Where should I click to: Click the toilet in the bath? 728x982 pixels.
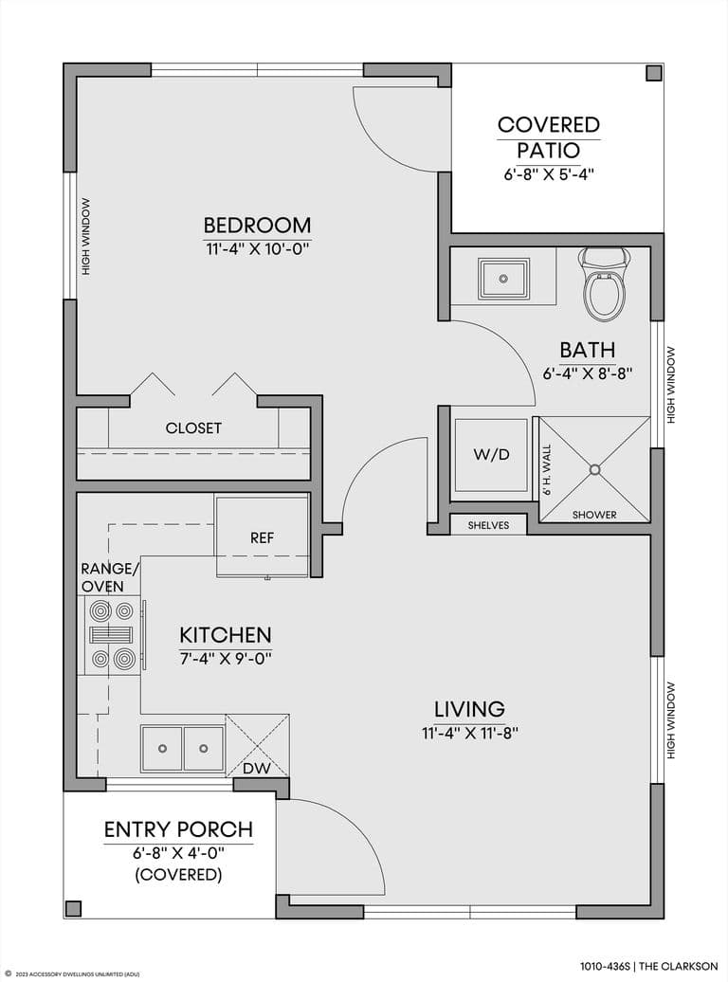click(x=604, y=284)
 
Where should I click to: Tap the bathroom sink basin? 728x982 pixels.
click(x=502, y=278)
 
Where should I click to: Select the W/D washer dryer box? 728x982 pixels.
click(x=491, y=455)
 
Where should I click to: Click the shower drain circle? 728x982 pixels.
click(x=595, y=469)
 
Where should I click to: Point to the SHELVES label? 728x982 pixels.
click(x=489, y=525)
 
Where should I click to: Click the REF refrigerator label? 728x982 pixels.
click(x=262, y=538)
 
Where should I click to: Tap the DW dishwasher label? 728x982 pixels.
click(x=256, y=769)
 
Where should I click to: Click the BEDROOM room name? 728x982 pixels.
click(x=257, y=225)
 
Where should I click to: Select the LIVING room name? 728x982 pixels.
click(x=470, y=709)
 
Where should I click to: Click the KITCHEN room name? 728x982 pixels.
click(x=226, y=635)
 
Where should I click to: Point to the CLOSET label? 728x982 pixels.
click(x=193, y=428)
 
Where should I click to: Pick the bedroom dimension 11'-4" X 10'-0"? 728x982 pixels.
click(x=258, y=249)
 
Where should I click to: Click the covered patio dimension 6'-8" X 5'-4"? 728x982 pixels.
click(x=549, y=174)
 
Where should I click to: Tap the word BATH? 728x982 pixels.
click(x=588, y=350)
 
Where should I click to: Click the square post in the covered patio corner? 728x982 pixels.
click(x=653, y=73)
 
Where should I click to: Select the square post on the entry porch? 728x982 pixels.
click(x=74, y=908)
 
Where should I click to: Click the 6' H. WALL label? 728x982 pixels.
click(x=547, y=470)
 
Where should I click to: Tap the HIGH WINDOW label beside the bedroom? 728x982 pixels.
click(x=86, y=237)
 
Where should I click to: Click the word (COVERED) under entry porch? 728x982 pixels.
click(x=178, y=875)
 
